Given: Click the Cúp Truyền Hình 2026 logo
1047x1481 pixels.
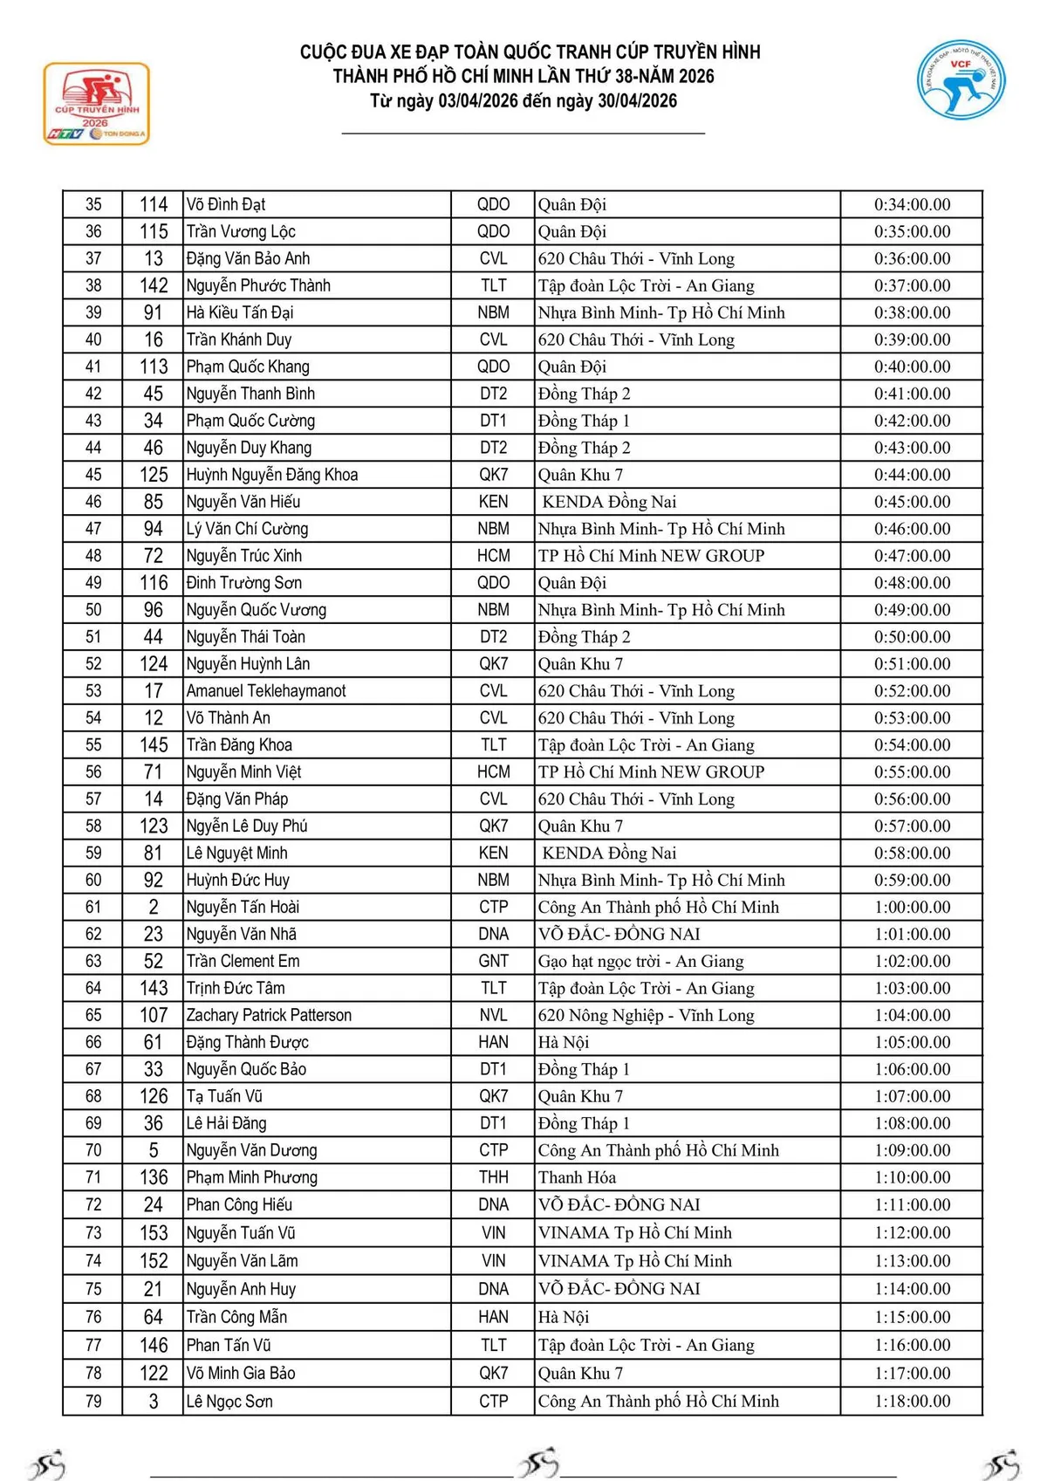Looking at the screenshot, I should pos(97,104).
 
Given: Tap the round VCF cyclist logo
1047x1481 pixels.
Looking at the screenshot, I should pos(961,80).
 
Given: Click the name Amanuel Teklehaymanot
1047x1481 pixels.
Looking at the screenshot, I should pos(266,691).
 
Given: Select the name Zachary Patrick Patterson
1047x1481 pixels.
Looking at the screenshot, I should pos(269,1015).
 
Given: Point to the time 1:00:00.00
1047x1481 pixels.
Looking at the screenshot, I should pos(912,907).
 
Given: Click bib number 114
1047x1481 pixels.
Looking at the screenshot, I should pos(154,204).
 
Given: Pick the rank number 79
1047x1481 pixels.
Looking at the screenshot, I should pos(93,1401).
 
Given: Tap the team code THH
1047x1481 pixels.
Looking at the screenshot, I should pos(493,1177).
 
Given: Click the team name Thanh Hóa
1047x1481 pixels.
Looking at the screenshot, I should pos(577,1177).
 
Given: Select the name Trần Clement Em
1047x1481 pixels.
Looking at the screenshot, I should pos(243,961).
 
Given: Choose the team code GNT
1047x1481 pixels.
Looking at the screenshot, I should pos(493,961).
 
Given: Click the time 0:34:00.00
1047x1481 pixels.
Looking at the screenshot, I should pos(912,204).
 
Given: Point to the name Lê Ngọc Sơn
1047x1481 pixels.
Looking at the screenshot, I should pos(229,1401).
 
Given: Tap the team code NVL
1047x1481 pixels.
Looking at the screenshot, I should pos(493,1015).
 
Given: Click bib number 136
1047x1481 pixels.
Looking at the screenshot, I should pos(154,1177).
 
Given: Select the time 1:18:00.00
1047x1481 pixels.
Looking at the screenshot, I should pos(912,1401).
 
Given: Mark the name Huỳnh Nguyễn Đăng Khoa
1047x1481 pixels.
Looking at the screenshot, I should pos(272,475).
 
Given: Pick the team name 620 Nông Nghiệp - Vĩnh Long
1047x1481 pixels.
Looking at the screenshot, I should pos(646,1015).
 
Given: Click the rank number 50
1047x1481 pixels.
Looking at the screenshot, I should pos(93,610).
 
